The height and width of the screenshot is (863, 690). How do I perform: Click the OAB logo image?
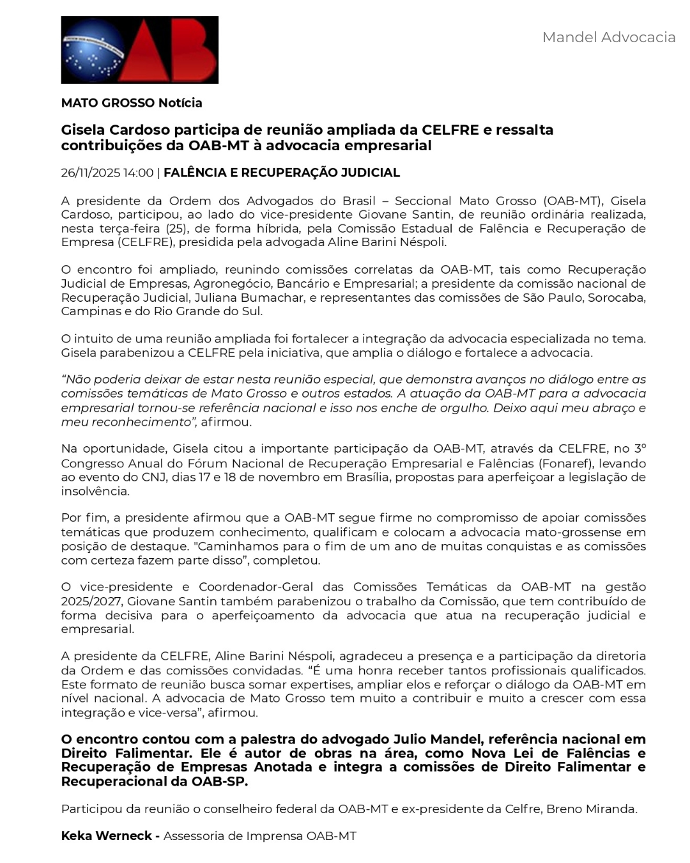coord(139,50)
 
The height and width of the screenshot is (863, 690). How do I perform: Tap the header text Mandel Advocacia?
coord(608,37)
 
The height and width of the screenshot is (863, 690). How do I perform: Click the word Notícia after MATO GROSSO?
coord(180,103)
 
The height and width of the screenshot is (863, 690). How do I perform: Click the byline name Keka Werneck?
coord(107,836)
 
